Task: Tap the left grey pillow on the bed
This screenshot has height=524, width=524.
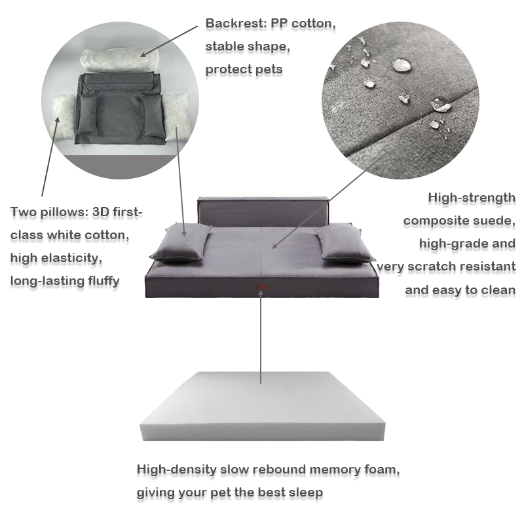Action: (x=180, y=242)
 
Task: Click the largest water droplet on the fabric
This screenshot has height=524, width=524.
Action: (x=402, y=64)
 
